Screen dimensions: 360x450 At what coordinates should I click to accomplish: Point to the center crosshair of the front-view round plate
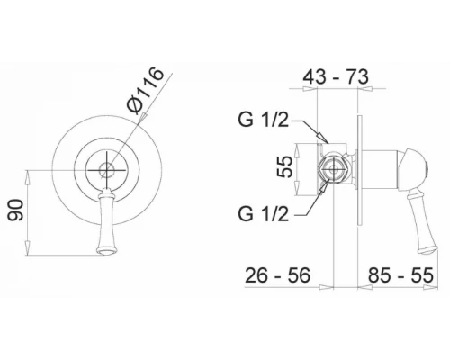(107, 169)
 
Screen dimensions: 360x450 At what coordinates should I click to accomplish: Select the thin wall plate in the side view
(363, 168)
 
